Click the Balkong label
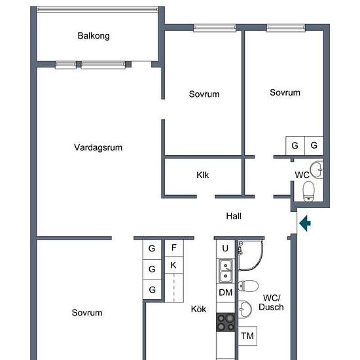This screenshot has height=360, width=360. coord(94,36)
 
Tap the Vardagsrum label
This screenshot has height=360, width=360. coord(98,147)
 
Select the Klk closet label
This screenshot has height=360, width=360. coord(202,175)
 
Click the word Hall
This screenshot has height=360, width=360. coord(234,216)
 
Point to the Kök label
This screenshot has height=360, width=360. coord(198,309)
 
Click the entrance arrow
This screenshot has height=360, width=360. coord(305,223)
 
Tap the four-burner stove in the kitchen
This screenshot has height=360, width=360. coord(226,322)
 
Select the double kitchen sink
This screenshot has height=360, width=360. coord(225,271)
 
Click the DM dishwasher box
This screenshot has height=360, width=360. coord(225,293)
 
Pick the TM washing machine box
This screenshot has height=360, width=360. coord(247,336)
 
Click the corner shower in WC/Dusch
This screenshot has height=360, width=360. coord(251,255)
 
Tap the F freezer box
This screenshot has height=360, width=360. coord(174,247)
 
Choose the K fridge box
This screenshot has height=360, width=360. coord(174,265)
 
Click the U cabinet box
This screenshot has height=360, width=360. coord(225,249)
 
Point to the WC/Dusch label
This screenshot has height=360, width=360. coord(271,302)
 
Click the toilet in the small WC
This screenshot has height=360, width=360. coord(308,192)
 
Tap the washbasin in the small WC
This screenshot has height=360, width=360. coord(317,170)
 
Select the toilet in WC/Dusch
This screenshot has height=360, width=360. coord(248,286)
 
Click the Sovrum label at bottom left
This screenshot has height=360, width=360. coord(87,312)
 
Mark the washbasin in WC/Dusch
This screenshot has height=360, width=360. coord(245,309)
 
